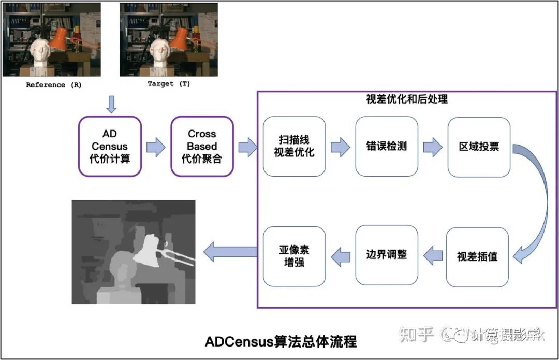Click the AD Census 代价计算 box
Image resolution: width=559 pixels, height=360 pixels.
(110, 146)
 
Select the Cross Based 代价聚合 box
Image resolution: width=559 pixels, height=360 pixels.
(202, 146)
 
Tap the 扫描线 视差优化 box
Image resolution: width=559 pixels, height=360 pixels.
(294, 146)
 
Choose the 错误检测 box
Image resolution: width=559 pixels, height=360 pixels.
(386, 146)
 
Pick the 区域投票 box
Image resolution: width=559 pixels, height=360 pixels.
(479, 146)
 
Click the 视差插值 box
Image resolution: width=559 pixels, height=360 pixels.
(477, 256)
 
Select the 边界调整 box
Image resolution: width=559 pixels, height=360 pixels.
(386, 254)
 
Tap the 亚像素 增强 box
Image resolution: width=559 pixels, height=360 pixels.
(294, 256)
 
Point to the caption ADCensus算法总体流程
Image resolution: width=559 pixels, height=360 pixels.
(281, 342)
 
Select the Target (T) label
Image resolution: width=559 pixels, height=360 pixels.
(169, 84)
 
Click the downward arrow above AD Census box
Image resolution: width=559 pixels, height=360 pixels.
(111, 104)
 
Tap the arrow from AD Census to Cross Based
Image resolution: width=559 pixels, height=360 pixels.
(156, 147)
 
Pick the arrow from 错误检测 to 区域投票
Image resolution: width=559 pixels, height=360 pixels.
(432, 147)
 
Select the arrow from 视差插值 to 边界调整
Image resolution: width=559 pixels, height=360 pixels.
(433, 255)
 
